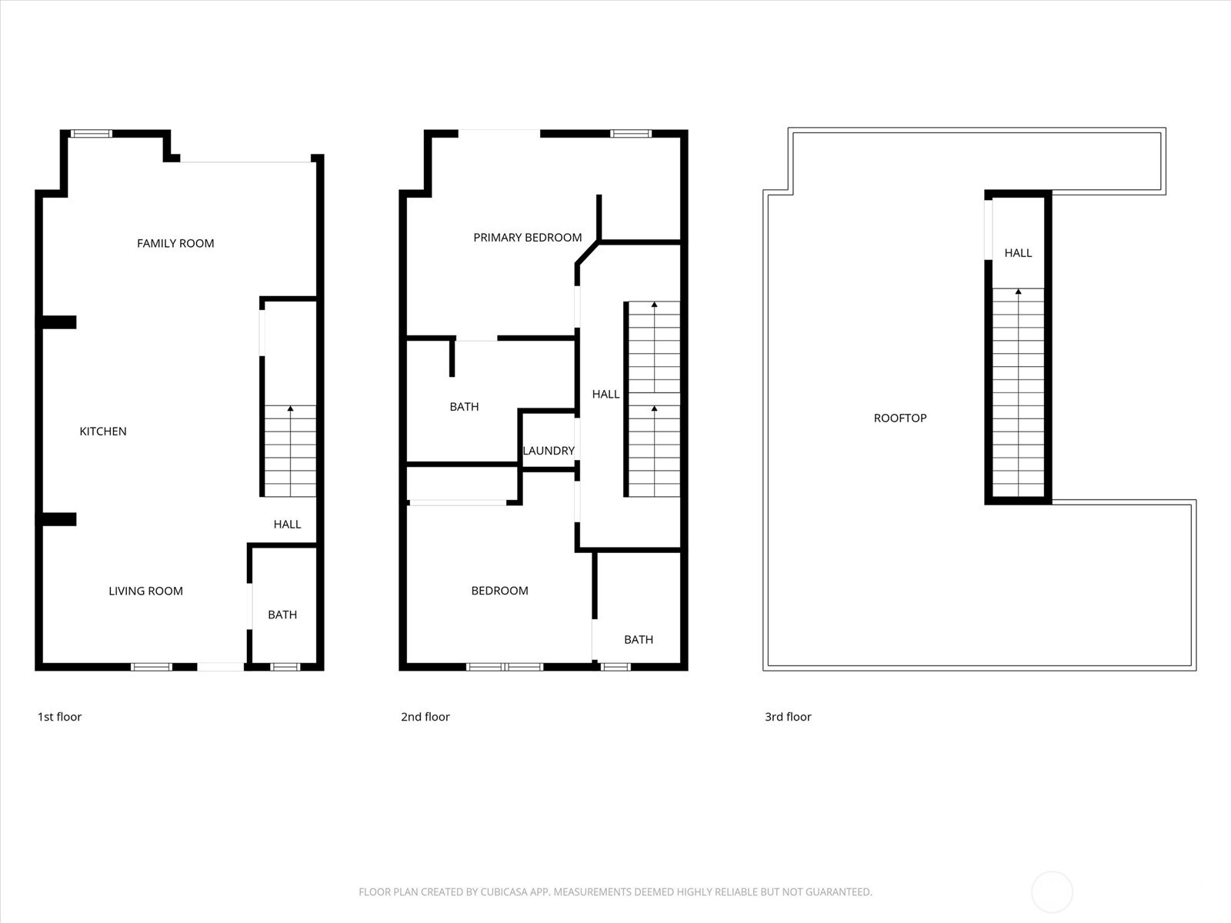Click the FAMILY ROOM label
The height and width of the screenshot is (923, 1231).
(175, 243)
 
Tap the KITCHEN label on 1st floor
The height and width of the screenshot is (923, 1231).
(103, 432)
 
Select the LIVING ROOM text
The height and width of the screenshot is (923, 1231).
(145, 591)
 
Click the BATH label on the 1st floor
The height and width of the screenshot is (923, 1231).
(282, 615)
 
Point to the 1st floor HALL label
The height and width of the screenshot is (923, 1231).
(287, 525)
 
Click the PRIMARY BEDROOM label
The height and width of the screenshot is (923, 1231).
(527, 238)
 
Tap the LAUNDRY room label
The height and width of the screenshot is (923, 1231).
(549, 451)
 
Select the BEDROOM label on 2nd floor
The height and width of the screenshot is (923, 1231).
(499, 591)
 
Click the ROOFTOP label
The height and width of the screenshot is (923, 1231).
(900, 418)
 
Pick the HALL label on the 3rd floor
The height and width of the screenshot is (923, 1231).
(1018, 253)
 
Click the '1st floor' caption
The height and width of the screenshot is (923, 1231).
(59, 717)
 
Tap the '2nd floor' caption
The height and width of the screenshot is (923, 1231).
(425, 717)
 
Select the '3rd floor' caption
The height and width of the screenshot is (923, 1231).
(788, 717)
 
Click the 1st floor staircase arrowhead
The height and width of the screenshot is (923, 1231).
(290, 408)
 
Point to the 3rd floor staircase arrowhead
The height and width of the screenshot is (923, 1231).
(1018, 292)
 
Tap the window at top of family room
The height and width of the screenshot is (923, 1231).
(92, 134)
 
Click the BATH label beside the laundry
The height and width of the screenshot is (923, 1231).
(464, 407)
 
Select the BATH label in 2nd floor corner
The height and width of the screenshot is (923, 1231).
(639, 640)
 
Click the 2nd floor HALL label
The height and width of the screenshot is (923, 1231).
(605, 395)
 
